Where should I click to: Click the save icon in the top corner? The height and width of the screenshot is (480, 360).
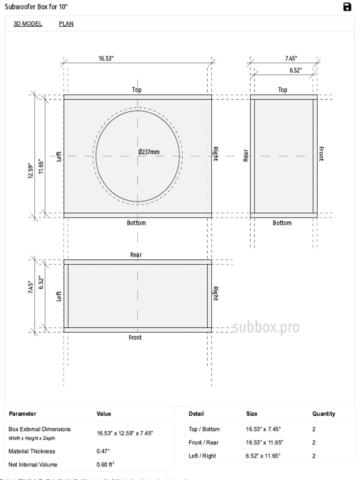pyautogui.click(x=347, y=7)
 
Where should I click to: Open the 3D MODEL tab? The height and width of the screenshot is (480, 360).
pyautogui.click(x=28, y=24)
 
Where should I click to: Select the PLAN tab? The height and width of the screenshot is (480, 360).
pyautogui.click(x=66, y=24)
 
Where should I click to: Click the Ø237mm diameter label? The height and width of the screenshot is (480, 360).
pyautogui.click(x=149, y=152)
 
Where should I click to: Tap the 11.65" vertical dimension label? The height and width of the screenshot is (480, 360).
pyautogui.click(x=41, y=166)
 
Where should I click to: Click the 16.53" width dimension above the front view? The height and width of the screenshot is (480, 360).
pyautogui.click(x=106, y=59)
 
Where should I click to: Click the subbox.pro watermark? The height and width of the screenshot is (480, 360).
pyautogui.click(x=266, y=327)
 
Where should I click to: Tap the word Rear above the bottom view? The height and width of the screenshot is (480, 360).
pyautogui.click(x=136, y=255)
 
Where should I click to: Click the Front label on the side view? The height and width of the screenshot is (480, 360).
pyautogui.click(x=321, y=154)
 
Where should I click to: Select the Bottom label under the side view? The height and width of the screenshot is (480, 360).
pyautogui.click(x=282, y=223)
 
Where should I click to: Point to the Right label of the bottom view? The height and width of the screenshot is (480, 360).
pyautogui.click(x=216, y=293)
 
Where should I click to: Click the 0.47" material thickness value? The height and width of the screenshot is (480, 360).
pyautogui.click(x=103, y=451)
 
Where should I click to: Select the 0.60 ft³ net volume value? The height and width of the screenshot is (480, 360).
pyautogui.click(x=106, y=465)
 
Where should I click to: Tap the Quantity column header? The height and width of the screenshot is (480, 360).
pyautogui.click(x=324, y=414)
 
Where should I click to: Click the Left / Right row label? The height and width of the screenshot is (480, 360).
pyautogui.click(x=202, y=456)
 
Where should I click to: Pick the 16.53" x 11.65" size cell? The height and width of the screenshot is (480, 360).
pyautogui.click(x=264, y=442)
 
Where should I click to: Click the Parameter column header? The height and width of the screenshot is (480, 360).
pyautogui.click(x=22, y=414)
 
